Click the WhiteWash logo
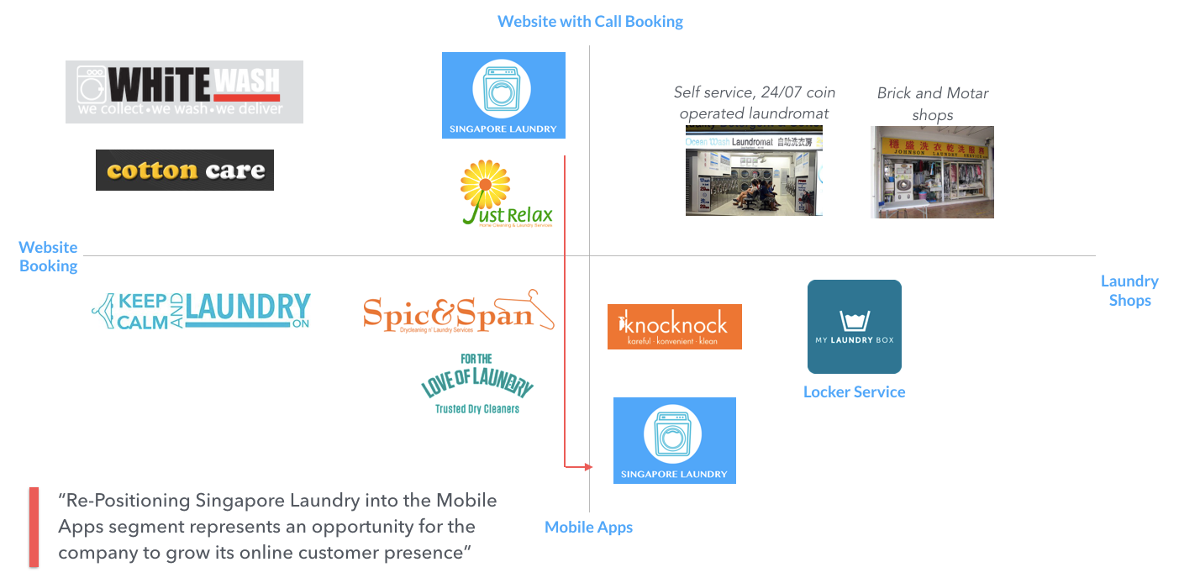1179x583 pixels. click(184, 92)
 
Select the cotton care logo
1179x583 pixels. click(185, 171)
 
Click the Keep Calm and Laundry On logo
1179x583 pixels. click(201, 312)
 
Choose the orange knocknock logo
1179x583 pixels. click(674, 326)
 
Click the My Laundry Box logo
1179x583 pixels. click(854, 327)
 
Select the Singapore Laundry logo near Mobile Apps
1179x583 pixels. click(674, 440)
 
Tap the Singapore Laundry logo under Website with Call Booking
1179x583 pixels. click(503, 95)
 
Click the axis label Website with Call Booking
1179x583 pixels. click(590, 22)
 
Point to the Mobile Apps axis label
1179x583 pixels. click(588, 528)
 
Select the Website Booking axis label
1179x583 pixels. click(49, 256)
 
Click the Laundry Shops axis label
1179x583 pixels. click(1129, 291)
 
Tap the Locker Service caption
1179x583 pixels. click(854, 392)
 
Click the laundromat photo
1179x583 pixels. click(754, 171)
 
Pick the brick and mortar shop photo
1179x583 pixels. click(932, 172)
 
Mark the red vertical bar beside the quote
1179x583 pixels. click(34, 527)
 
